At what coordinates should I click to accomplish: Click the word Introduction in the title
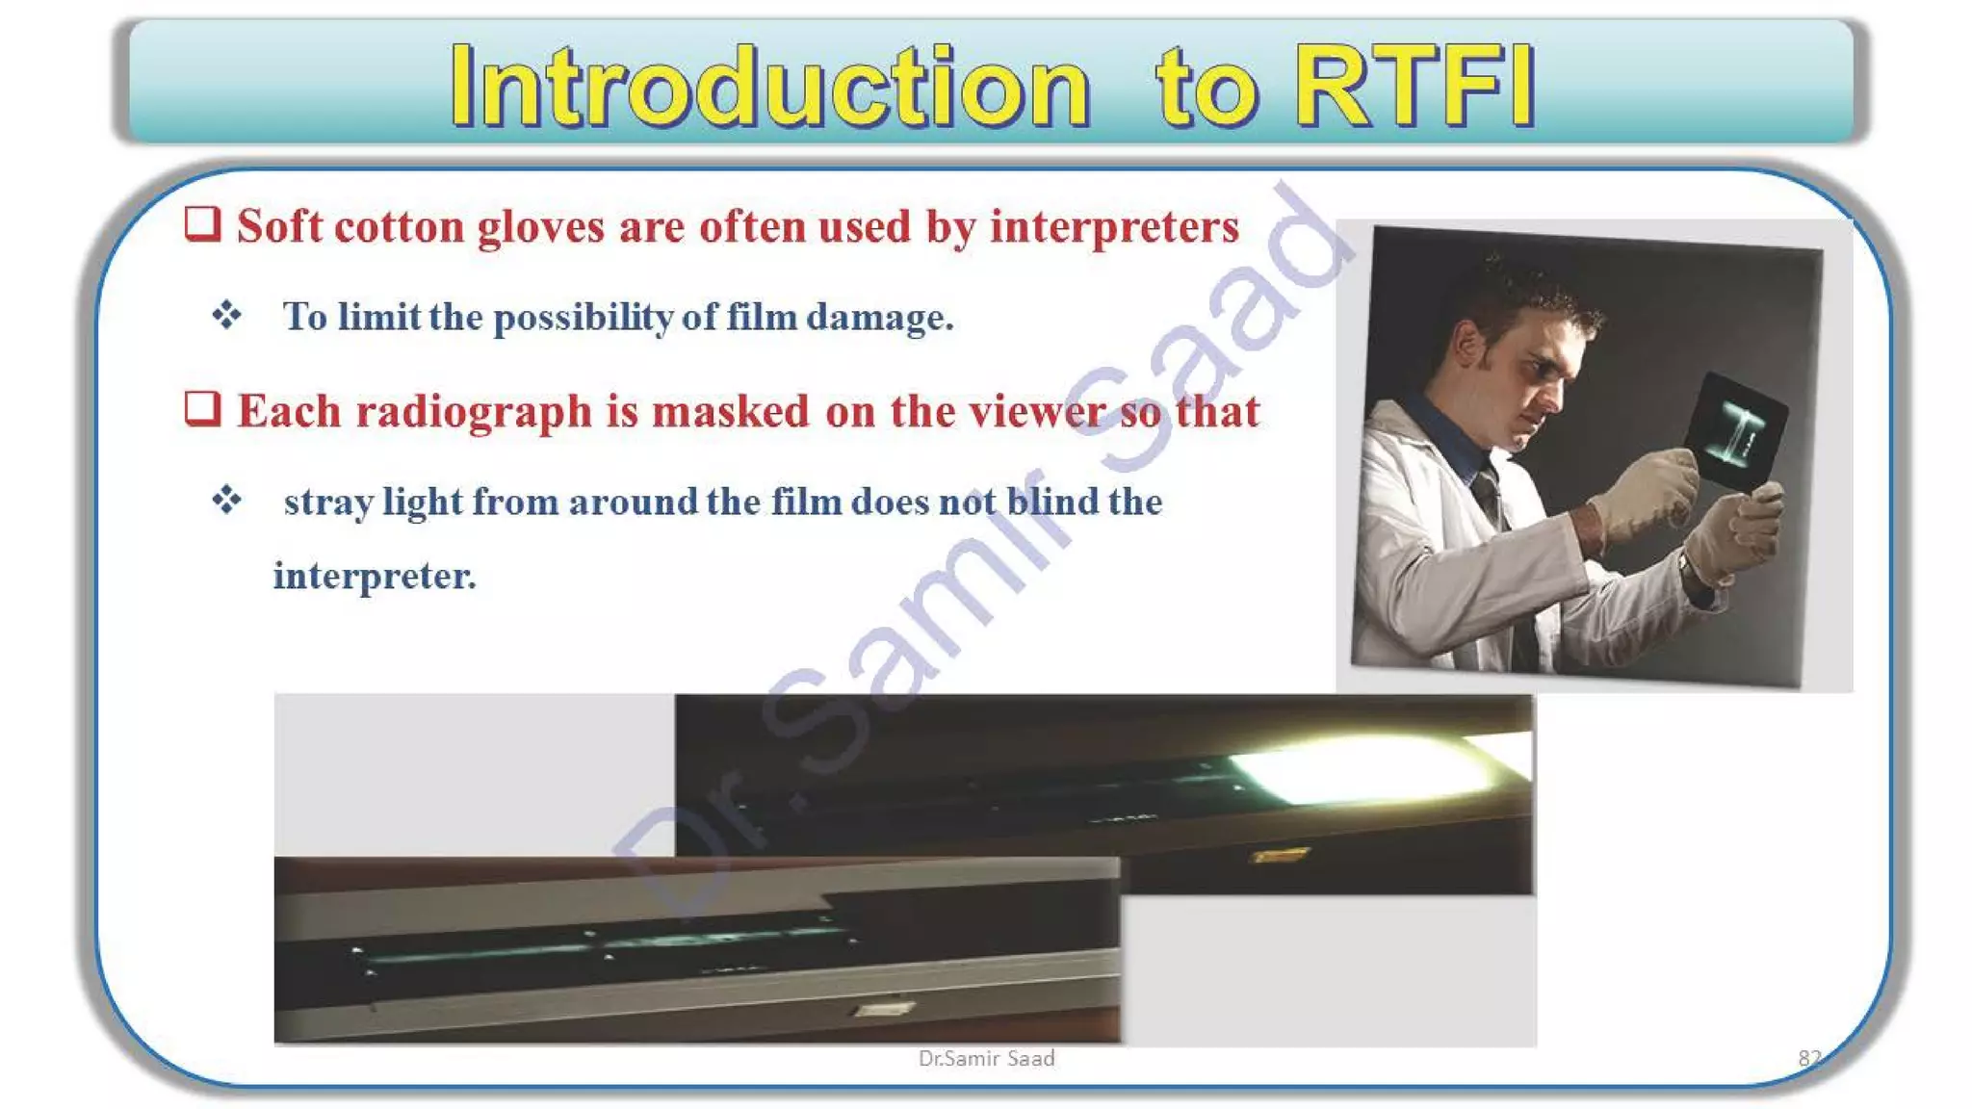pos(770,87)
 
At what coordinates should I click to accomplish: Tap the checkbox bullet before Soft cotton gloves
pos(202,224)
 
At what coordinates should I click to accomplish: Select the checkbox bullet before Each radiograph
pos(202,409)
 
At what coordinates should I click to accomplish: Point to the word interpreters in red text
pos(1114,228)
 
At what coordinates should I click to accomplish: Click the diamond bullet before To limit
pos(227,315)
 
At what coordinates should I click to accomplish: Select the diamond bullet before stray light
pos(227,500)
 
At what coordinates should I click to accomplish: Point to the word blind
pos(1052,502)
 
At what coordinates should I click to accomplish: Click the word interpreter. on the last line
pos(375,576)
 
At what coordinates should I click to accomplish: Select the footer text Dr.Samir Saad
pos(986,1059)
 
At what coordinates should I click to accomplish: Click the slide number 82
pos(1809,1058)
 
